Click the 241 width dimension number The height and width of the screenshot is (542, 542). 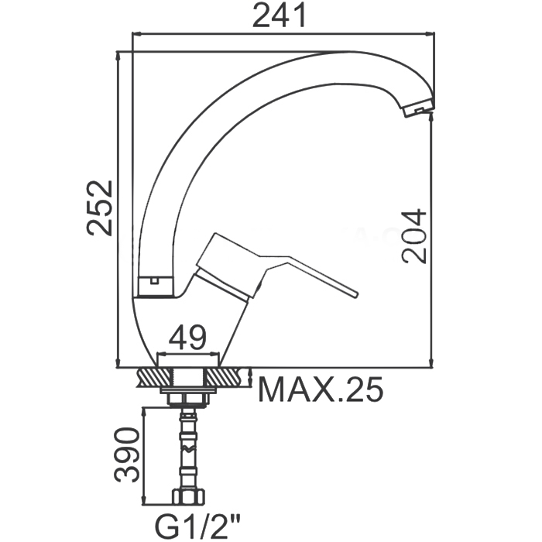pyautogui.click(x=280, y=15)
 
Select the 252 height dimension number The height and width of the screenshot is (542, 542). pyautogui.click(x=100, y=208)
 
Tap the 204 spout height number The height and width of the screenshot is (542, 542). pyautogui.click(x=414, y=236)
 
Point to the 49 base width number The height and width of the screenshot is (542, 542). pyautogui.click(x=187, y=337)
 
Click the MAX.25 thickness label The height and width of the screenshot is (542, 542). pyautogui.click(x=321, y=389)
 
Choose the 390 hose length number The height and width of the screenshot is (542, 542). pyautogui.click(x=127, y=455)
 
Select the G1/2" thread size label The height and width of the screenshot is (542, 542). pyautogui.click(x=197, y=526)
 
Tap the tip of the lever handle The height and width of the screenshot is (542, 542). pyautogui.click(x=356, y=294)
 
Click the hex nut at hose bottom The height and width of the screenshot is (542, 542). pyautogui.click(x=189, y=497)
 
